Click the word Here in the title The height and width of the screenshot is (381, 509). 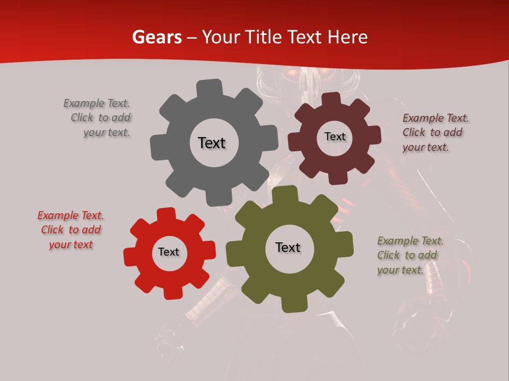pyautogui.click(x=348, y=38)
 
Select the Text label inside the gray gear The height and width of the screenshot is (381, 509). pyautogui.click(x=212, y=143)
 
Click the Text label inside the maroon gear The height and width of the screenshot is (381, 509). pyautogui.click(x=335, y=137)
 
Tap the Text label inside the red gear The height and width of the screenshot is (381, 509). pyautogui.click(x=169, y=252)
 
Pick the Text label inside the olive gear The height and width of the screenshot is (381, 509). pyautogui.click(x=288, y=247)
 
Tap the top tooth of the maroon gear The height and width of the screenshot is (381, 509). pyautogui.click(x=331, y=99)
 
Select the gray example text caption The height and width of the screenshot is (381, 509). pyautogui.click(x=98, y=118)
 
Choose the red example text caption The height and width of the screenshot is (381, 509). pyautogui.click(x=71, y=230)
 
